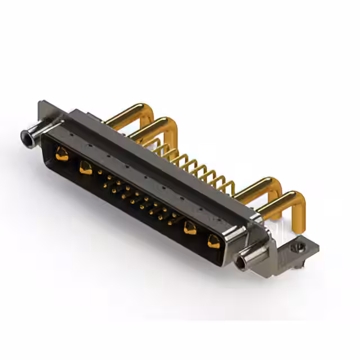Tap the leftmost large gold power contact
[x=62, y=152]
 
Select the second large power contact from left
[x=85, y=166]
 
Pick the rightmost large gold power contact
[x=213, y=242]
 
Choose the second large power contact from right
[x=190, y=228]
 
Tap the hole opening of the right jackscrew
[x=242, y=262]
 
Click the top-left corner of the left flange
[x=40, y=103]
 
